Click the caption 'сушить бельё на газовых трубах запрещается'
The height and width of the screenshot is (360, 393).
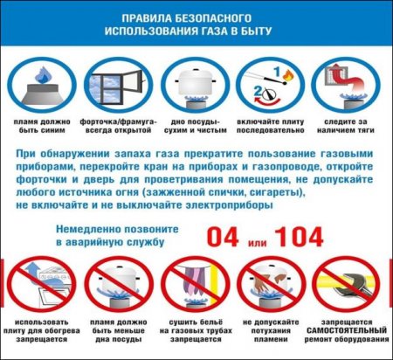[197, 338]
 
